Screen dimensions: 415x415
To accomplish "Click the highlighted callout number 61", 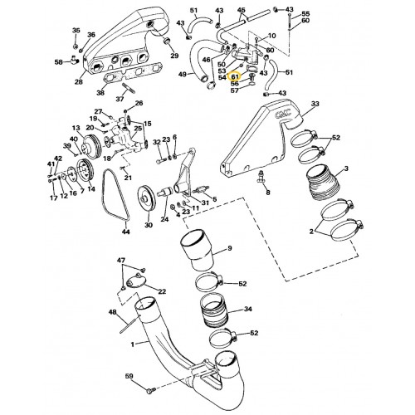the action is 235,76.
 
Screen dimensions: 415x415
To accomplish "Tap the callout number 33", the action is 315,104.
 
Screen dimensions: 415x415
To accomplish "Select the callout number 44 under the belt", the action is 126,232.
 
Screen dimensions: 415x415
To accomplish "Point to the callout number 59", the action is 129,376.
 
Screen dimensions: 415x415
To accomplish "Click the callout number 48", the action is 113,312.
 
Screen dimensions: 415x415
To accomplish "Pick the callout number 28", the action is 79,82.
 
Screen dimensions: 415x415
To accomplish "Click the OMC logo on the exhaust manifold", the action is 284,113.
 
